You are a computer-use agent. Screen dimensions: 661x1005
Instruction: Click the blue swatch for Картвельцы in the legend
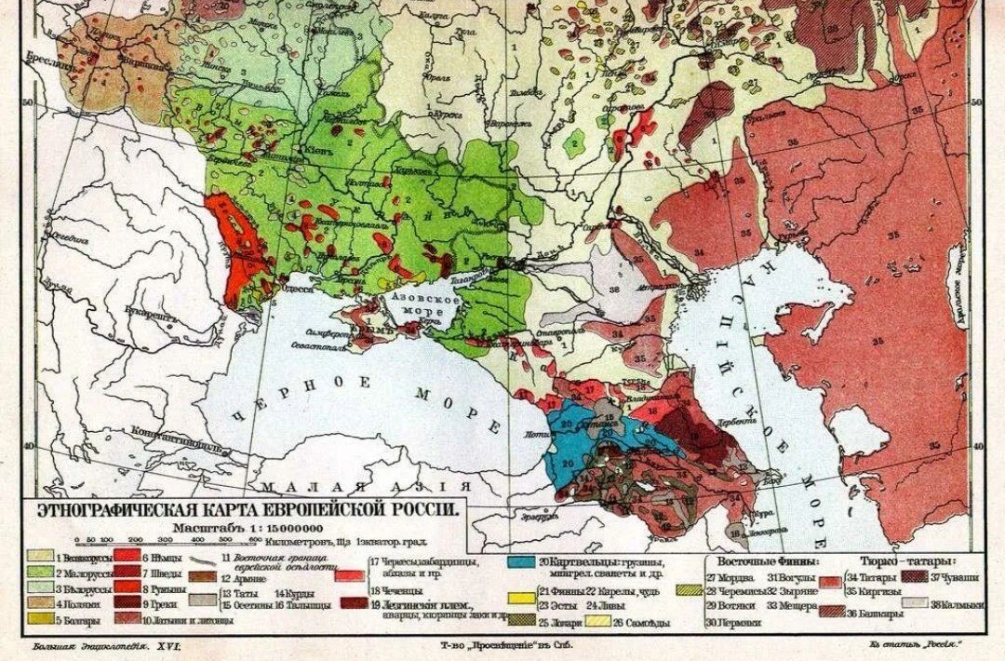(x=521, y=561)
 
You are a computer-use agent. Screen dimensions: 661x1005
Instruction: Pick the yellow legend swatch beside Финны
(x=521, y=592)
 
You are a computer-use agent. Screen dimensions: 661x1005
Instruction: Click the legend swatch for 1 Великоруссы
(x=40, y=557)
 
